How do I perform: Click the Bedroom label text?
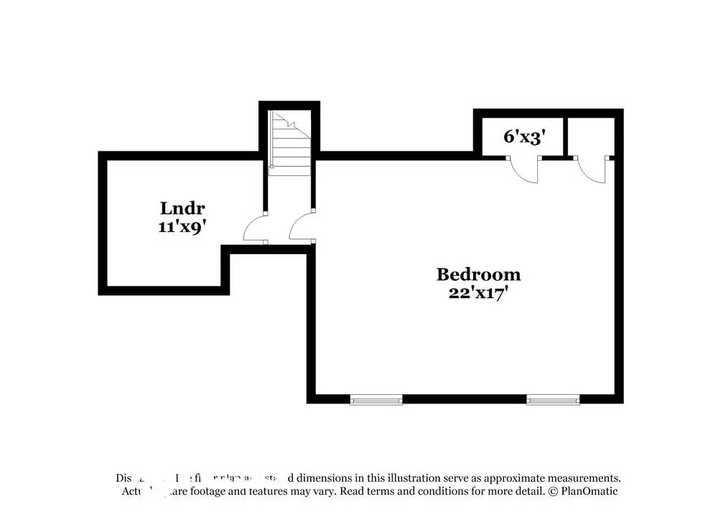coord(478,274)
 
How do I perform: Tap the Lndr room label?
coord(182,209)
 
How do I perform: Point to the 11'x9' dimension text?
coord(182,226)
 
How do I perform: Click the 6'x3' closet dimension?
coord(521,136)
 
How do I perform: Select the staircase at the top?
coord(289,143)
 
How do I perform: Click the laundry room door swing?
coord(256,230)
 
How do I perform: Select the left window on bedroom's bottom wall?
coord(376,399)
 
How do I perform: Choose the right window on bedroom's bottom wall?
coord(553,399)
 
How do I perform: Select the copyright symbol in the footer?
coord(553,492)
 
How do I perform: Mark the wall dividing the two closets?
coord(565,135)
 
